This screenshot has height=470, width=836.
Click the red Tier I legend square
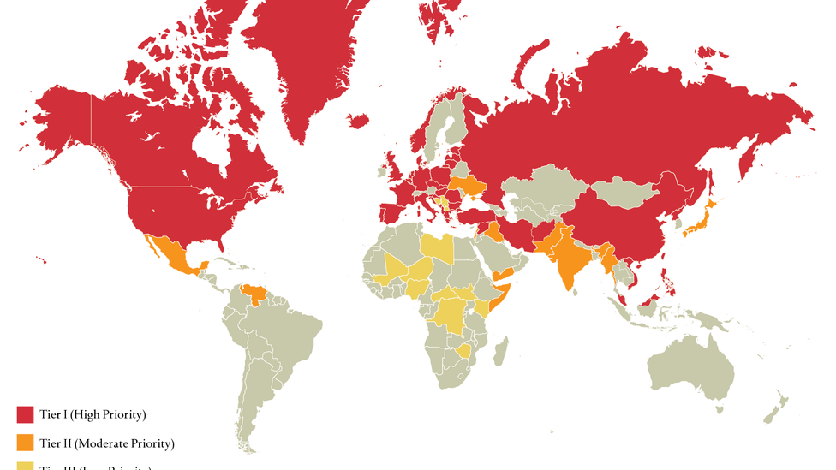(x=25, y=414)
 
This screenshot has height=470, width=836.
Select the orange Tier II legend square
(x=25, y=443)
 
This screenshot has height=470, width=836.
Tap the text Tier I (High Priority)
(x=93, y=414)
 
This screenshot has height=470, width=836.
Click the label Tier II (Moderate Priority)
(x=107, y=443)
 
